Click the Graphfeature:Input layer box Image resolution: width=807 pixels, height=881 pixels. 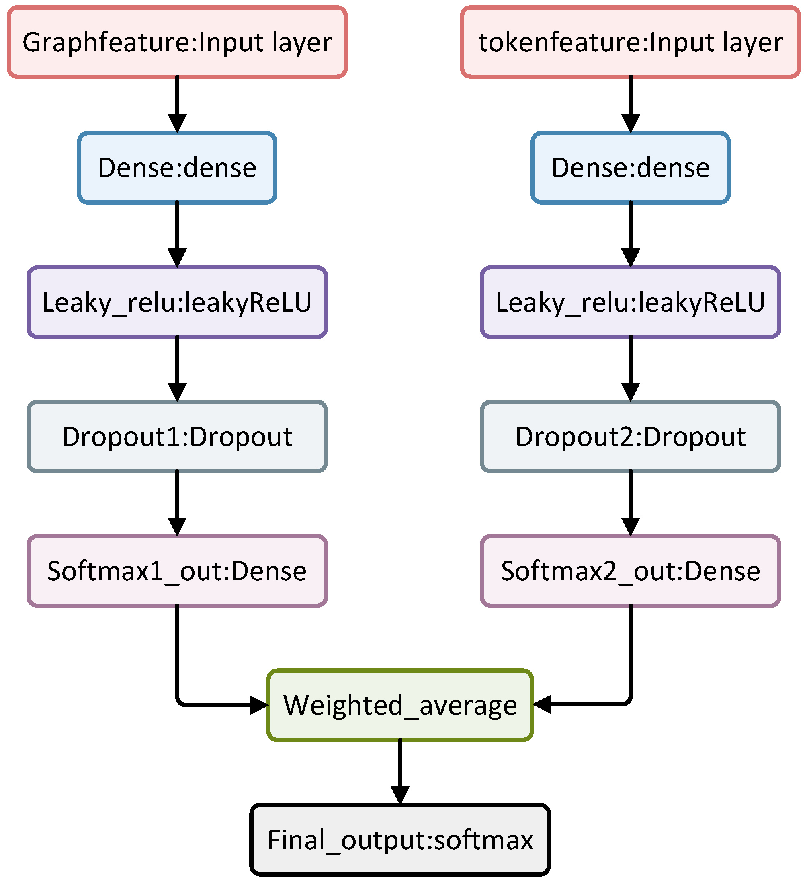click(177, 42)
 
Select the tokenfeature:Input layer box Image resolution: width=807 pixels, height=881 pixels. click(631, 42)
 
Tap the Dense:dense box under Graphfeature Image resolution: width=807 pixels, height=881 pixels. click(177, 168)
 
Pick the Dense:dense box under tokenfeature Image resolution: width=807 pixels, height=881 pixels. click(631, 168)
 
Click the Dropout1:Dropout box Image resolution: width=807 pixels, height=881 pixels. click(177, 437)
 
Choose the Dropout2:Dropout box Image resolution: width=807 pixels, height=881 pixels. click(631, 437)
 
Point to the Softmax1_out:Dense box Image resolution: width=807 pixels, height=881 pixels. click(177, 571)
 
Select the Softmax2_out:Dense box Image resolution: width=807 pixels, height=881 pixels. click(631, 571)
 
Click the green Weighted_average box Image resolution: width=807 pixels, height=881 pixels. click(400, 705)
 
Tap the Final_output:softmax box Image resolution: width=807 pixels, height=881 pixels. click(400, 840)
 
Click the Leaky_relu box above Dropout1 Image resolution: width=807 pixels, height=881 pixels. click(177, 302)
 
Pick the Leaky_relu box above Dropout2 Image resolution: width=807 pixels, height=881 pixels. click(631, 302)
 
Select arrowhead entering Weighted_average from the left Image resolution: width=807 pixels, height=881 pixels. click(258, 705)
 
